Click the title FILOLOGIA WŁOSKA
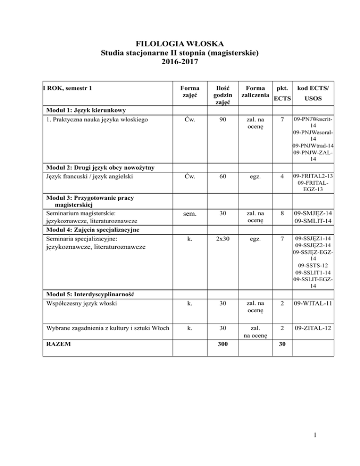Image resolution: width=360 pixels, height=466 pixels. [180, 47]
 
